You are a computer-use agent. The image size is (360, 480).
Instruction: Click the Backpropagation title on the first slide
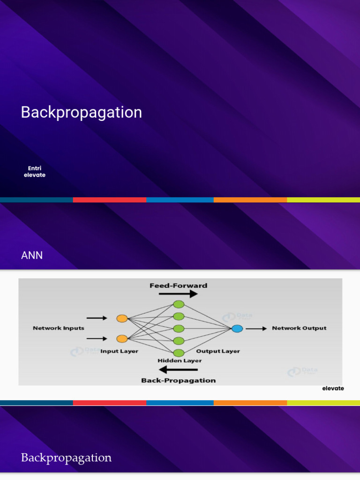click(81, 112)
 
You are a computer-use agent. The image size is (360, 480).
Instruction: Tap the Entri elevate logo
click(35, 172)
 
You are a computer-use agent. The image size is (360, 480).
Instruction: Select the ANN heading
click(32, 255)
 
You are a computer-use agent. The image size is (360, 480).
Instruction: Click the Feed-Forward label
click(178, 285)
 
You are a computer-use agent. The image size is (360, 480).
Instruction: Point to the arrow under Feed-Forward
click(178, 294)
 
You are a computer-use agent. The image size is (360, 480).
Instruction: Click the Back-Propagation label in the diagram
click(179, 380)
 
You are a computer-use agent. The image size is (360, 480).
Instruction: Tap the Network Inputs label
click(59, 328)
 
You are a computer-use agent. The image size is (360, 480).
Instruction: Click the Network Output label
click(299, 328)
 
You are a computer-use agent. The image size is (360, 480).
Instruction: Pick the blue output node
click(237, 329)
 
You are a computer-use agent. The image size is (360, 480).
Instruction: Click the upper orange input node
click(122, 318)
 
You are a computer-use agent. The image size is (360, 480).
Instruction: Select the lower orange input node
click(122, 338)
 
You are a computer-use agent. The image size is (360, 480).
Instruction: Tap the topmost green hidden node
click(179, 304)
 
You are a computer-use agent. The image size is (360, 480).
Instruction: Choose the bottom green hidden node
click(179, 353)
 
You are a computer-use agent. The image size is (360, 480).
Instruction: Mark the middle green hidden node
click(179, 328)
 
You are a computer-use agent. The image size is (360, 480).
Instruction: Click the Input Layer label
click(119, 351)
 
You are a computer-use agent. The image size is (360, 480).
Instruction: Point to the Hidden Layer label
click(180, 361)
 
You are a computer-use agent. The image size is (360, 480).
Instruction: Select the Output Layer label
click(217, 351)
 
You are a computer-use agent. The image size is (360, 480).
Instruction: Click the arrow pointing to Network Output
click(256, 329)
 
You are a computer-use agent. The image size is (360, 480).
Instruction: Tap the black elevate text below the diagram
click(333, 389)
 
